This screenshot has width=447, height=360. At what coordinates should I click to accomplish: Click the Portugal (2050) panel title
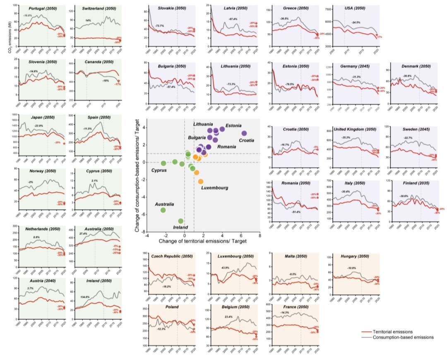[x=39, y=8]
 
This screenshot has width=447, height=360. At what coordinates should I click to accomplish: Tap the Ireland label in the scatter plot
[x=180, y=227]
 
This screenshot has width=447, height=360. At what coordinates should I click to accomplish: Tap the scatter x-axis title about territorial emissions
[x=203, y=241]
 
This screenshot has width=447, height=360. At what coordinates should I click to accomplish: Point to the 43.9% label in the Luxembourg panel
[x=226, y=268]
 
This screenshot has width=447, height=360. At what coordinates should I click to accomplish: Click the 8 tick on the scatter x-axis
[x=260, y=235]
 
